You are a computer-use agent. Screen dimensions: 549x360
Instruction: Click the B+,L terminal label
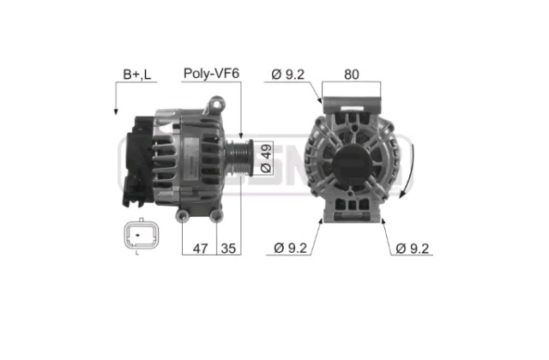(x=137, y=75)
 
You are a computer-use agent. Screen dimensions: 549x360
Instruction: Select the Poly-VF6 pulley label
(x=211, y=74)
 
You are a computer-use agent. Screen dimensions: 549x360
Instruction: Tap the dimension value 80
(x=351, y=75)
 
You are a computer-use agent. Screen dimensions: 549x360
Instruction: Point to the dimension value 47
(x=200, y=249)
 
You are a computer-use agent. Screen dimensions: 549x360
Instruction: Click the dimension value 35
(x=228, y=249)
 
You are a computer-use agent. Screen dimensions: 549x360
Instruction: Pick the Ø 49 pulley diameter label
(x=266, y=158)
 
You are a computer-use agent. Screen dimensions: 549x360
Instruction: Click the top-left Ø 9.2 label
(x=288, y=75)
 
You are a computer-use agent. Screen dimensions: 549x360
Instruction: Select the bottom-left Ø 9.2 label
(x=290, y=248)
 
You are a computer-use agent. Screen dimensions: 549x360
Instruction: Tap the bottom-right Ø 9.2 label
(x=412, y=249)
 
